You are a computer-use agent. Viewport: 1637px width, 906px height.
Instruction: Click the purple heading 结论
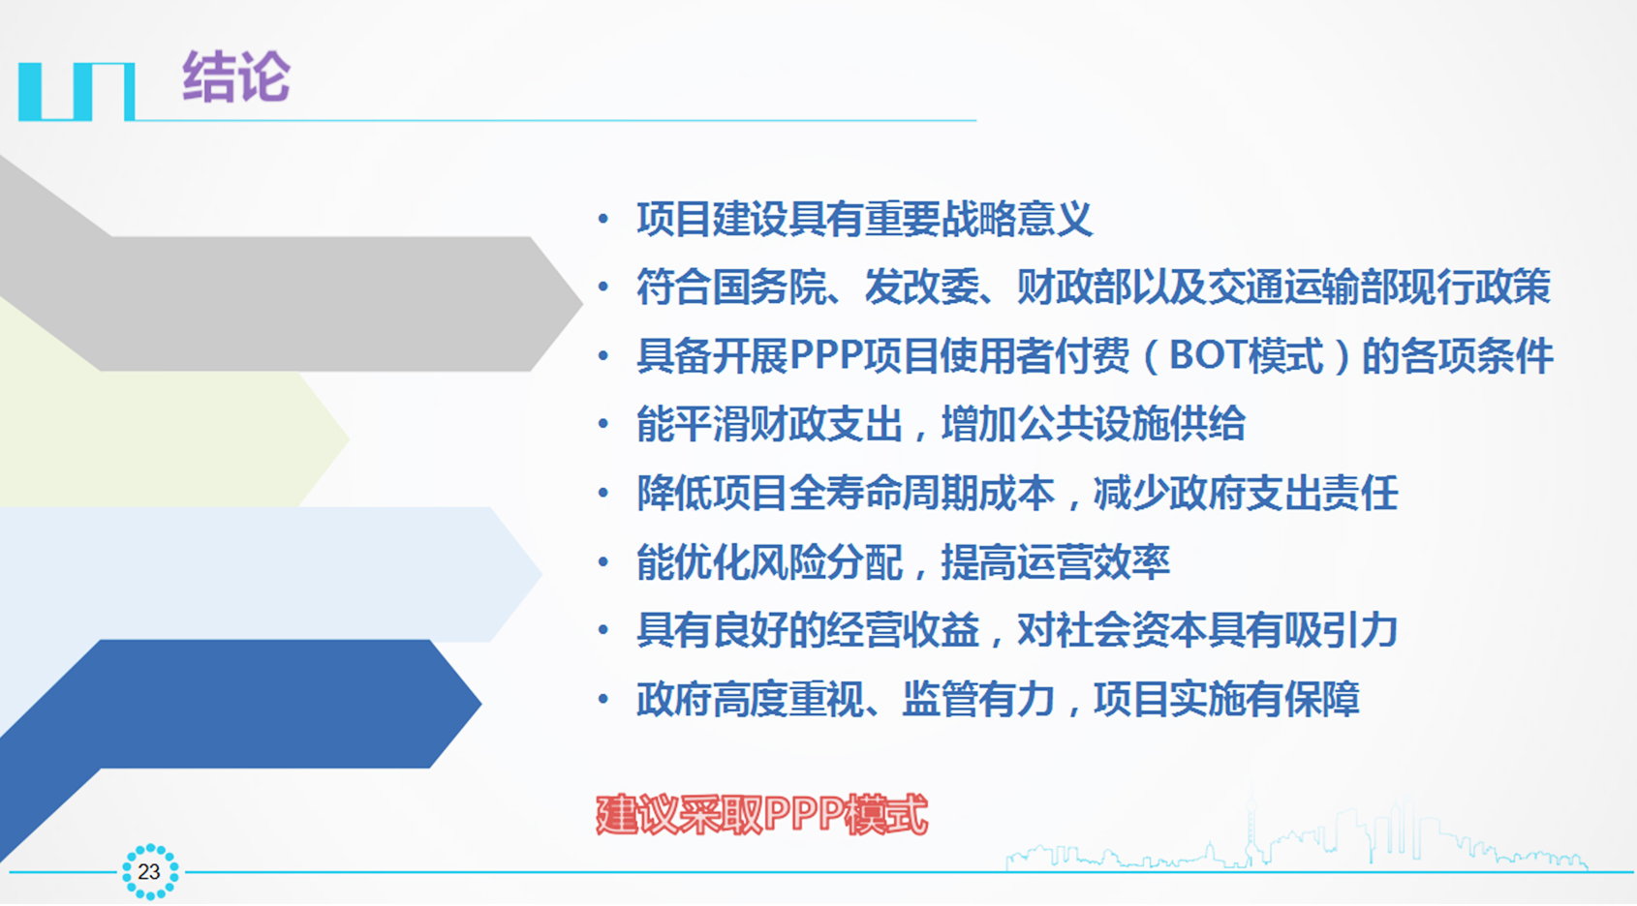pos(236,76)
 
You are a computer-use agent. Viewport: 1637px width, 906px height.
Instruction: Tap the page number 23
pos(149,872)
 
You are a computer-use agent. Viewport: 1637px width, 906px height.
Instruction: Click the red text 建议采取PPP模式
pos(762,814)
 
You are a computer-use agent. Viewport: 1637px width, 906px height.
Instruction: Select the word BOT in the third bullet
pos(1208,356)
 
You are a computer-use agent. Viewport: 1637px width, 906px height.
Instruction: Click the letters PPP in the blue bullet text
pos(826,356)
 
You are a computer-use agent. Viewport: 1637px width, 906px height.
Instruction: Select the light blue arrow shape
pos(270,574)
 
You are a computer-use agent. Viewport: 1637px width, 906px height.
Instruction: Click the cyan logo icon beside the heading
pos(77,91)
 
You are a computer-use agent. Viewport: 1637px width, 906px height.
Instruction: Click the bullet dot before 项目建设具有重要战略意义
pos(602,219)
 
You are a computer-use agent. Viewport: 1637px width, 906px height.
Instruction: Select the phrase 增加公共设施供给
pos(1094,424)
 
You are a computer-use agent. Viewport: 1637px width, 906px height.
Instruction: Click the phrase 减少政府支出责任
pos(1246,493)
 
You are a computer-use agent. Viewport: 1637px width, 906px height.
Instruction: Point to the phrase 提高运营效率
pos(1055,562)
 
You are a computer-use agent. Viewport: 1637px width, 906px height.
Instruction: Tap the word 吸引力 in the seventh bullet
pos(1341,630)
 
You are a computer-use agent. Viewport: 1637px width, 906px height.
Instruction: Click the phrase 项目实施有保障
pos(1226,699)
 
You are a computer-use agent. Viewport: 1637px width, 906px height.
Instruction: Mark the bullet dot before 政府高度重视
pos(602,700)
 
